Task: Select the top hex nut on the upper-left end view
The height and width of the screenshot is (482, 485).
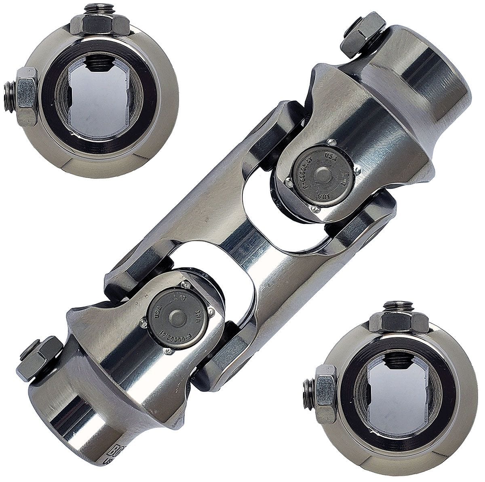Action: coord(99,25)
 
